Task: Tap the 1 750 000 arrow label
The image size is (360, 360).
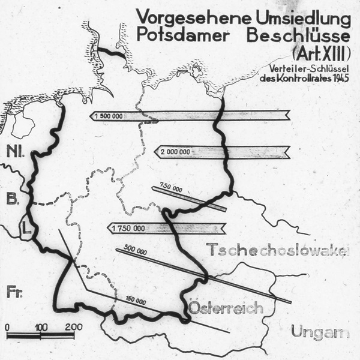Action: click(128, 228)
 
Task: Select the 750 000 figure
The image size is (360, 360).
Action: click(170, 188)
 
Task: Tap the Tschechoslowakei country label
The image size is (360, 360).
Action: click(277, 250)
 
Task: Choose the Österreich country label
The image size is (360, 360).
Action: click(227, 308)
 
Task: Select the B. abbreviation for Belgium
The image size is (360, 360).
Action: click(12, 199)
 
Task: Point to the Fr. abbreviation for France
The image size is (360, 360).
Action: click(14, 292)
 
